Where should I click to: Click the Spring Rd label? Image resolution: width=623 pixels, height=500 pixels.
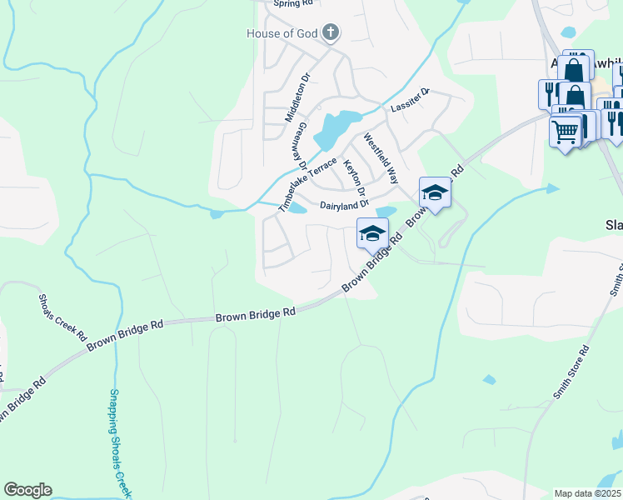pyautogui.click(x=290, y=3)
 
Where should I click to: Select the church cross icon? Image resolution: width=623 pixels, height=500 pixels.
pyautogui.click(x=331, y=32)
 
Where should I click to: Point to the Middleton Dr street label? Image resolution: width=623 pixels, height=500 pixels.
pyautogui.click(x=297, y=97)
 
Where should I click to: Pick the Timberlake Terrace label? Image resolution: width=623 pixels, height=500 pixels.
pyautogui.click(x=307, y=183)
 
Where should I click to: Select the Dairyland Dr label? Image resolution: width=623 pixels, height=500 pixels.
pyautogui.click(x=344, y=205)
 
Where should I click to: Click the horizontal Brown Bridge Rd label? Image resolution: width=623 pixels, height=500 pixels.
pyautogui.click(x=256, y=315)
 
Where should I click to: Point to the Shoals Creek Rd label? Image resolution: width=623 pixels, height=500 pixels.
pyautogui.click(x=62, y=317)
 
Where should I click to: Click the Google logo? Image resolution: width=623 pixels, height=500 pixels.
pyautogui.click(x=27, y=490)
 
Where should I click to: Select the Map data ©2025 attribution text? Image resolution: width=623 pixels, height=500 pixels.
pyautogui.click(x=586, y=493)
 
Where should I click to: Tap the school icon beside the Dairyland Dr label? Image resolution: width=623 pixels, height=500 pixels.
pyautogui.click(x=372, y=233)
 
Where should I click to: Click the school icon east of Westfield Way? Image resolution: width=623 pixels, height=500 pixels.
pyautogui.click(x=434, y=193)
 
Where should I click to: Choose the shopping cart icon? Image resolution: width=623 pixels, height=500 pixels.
pyautogui.click(x=566, y=131)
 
